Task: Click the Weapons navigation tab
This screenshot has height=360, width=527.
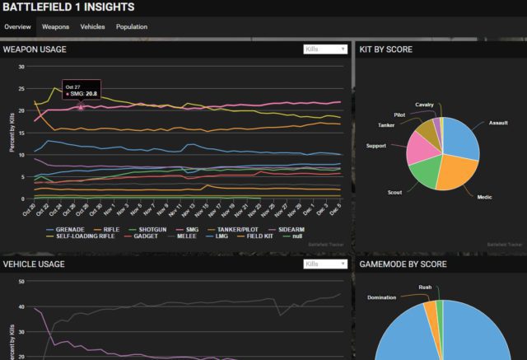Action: (55, 27)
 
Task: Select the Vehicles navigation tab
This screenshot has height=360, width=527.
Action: (92, 27)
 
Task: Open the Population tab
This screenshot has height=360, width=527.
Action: (132, 27)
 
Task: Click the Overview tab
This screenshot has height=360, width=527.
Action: (18, 27)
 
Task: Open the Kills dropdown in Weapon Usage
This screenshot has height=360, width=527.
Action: (325, 49)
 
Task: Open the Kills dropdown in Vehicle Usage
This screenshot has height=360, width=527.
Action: (325, 264)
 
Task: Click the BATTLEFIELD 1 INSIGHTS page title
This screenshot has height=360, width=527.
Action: (68, 7)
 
